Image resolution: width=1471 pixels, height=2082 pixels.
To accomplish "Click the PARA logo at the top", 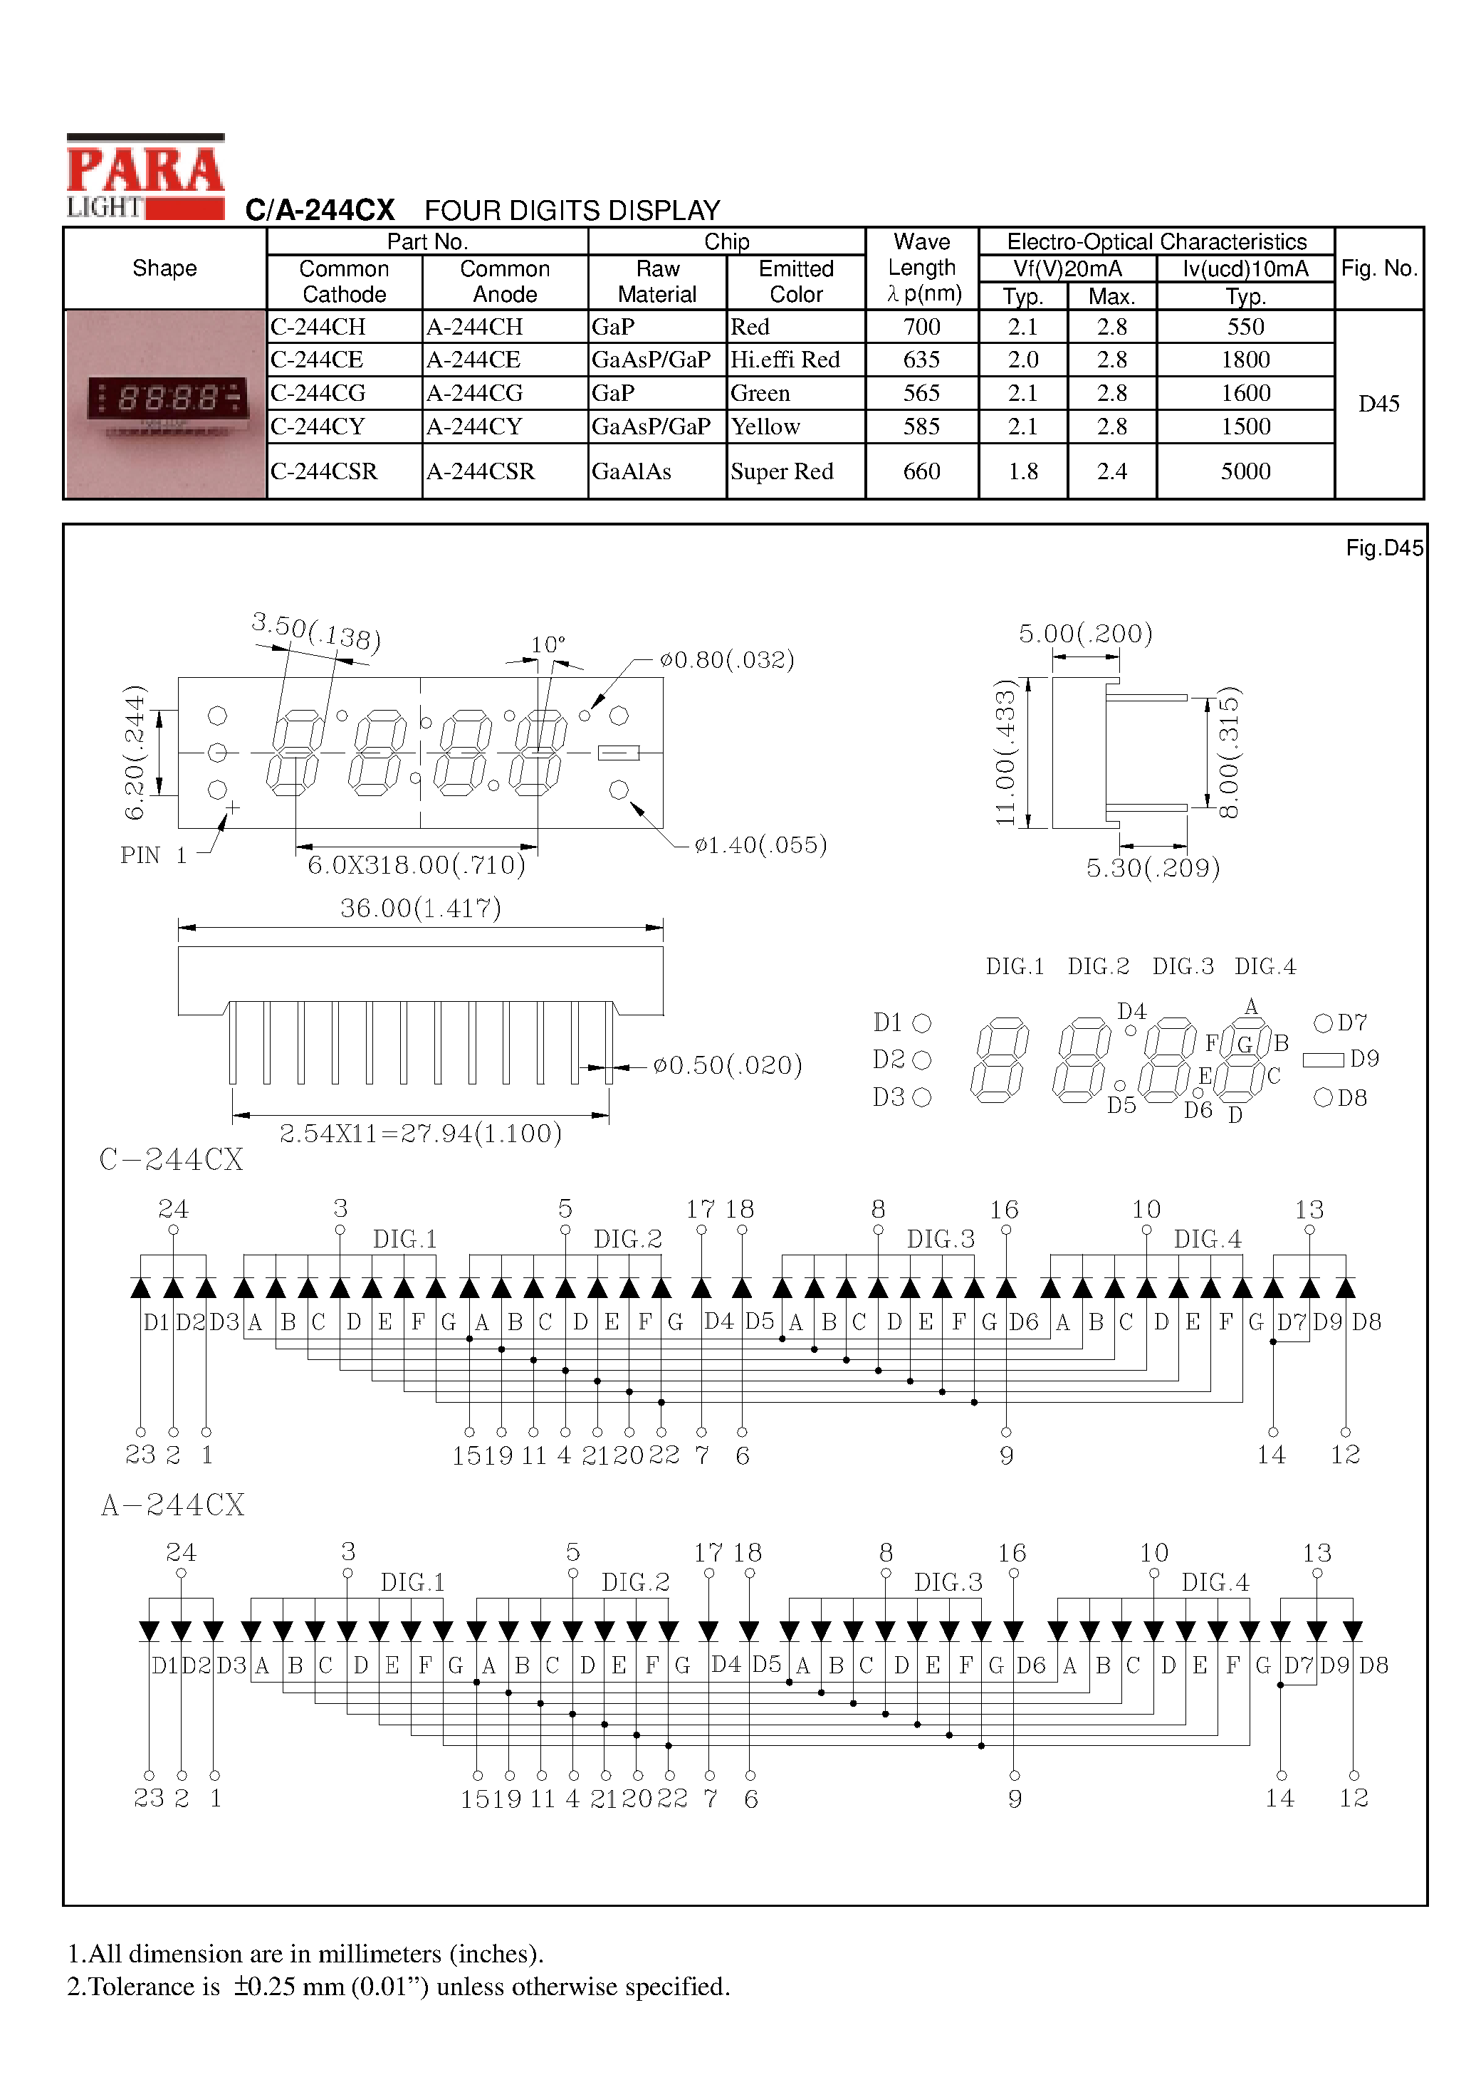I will click(x=145, y=170).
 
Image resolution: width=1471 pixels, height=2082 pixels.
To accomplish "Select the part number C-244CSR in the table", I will click(x=324, y=471).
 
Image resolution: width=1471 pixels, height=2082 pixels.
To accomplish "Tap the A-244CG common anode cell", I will click(x=474, y=394).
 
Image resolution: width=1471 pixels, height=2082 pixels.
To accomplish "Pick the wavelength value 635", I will click(x=921, y=360).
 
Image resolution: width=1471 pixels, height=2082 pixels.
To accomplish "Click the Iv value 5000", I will click(x=1245, y=471).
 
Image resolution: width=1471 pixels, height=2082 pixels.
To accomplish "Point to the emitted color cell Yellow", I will click(x=766, y=427).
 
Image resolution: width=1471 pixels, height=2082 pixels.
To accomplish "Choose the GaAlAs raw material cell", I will click(x=632, y=471).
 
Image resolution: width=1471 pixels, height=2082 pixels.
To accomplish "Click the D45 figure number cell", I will click(x=1378, y=404).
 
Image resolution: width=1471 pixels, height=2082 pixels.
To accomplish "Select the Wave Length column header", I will click(x=922, y=268).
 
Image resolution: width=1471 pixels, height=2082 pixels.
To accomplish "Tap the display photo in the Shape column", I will click(x=165, y=404).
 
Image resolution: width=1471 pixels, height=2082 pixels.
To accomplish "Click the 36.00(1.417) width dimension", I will click(x=421, y=908).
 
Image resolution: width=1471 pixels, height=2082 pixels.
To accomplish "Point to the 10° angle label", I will click(x=548, y=644).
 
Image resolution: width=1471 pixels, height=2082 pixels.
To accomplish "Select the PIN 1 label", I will click(x=153, y=855).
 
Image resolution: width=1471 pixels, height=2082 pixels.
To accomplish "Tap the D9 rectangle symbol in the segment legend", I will click(x=1323, y=1059).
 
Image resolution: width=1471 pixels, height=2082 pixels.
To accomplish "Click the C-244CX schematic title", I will click(x=172, y=1160).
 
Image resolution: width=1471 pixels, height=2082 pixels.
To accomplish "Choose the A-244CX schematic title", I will click(x=172, y=1505).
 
